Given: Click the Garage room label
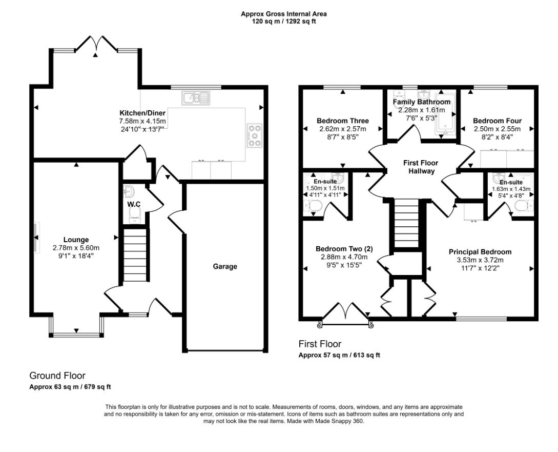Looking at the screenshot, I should click(x=225, y=266).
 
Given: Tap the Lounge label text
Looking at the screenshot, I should click(x=76, y=240).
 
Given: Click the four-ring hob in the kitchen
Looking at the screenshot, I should click(x=255, y=135).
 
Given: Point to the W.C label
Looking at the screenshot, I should click(x=134, y=204).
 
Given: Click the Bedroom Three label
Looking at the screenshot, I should click(x=342, y=121).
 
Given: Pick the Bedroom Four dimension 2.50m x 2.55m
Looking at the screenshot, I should click(x=497, y=129).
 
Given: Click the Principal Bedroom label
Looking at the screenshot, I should click(x=480, y=252).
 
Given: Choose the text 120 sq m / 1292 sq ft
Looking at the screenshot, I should click(x=284, y=22).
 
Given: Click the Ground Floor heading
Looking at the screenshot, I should click(x=57, y=376).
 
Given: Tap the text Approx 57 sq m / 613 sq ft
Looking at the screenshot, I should click(x=339, y=355).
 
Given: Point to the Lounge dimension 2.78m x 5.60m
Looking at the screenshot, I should click(x=76, y=247).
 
